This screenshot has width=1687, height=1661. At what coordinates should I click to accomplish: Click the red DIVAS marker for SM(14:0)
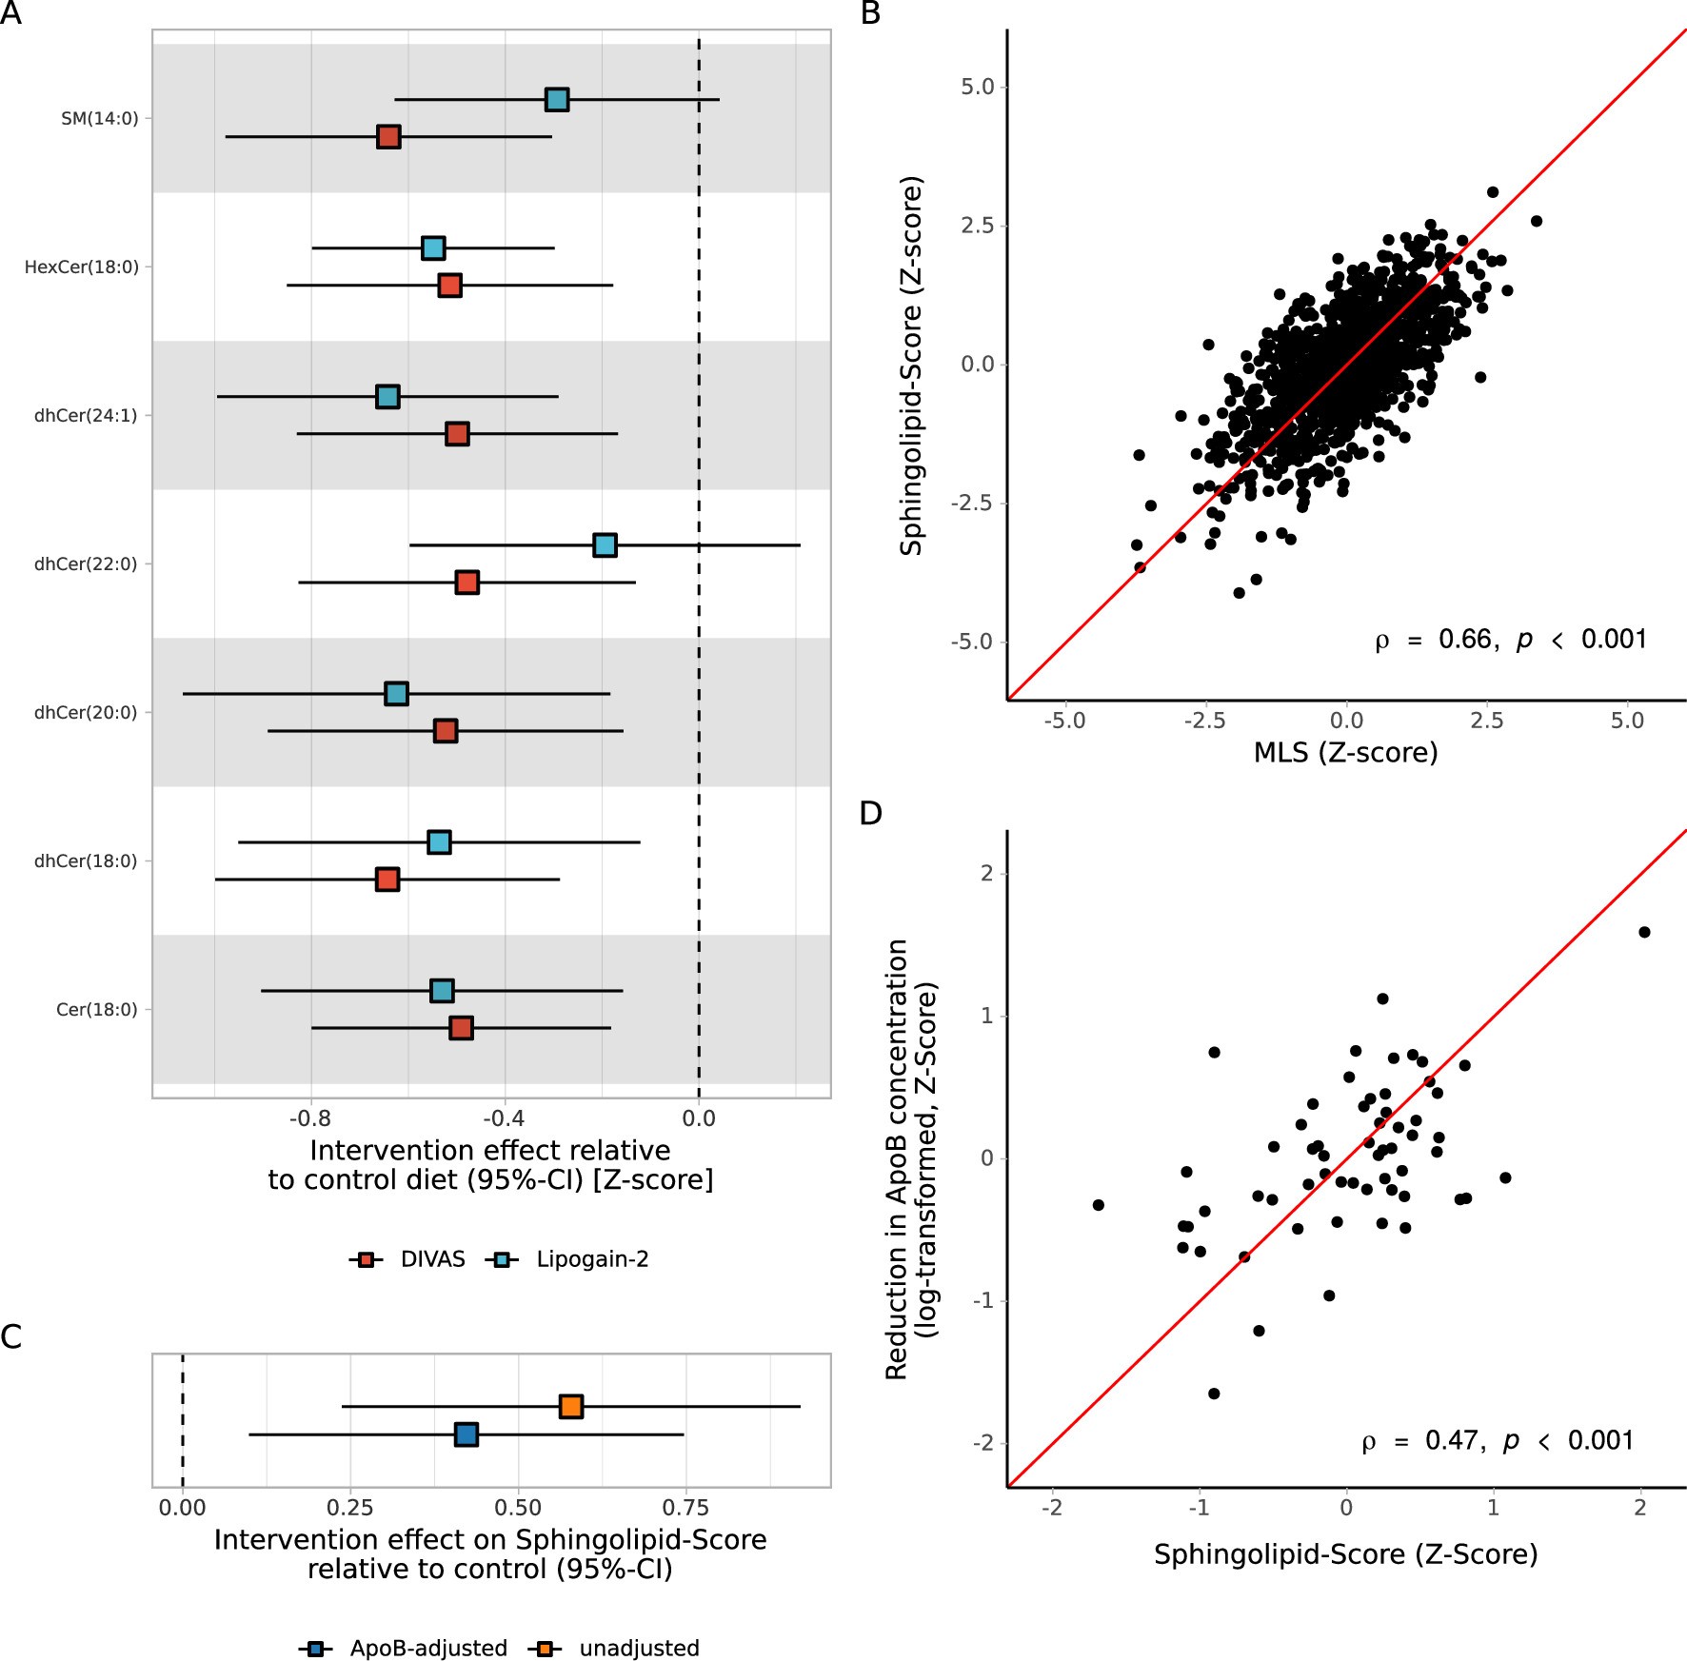[387, 137]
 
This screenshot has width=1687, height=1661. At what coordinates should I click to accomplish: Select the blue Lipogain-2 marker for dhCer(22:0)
[605, 545]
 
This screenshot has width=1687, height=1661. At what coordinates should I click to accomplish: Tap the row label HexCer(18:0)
[81, 267]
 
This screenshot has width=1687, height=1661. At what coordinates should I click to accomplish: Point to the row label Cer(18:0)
[96, 1010]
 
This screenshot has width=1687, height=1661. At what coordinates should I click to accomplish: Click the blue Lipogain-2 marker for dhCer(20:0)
[396, 694]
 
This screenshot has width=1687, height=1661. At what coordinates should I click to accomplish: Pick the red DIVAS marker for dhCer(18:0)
[387, 880]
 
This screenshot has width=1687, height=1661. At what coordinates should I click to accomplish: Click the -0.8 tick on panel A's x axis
[309, 1118]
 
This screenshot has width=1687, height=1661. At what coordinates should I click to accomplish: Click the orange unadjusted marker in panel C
[570, 1406]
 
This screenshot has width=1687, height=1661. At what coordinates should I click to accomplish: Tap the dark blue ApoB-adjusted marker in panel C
[466, 1434]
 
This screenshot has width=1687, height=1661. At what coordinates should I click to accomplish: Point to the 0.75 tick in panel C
[685, 1508]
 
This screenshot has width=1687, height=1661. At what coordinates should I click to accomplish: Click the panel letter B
[870, 13]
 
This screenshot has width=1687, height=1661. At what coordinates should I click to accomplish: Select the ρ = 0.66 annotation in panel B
[1510, 640]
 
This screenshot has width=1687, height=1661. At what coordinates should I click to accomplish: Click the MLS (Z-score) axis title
[1344, 753]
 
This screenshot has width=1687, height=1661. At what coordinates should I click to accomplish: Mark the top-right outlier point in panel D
[1644, 932]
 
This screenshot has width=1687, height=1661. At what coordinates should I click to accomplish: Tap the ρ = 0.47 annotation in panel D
[1497, 1441]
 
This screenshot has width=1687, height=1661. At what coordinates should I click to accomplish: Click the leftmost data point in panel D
[1098, 1205]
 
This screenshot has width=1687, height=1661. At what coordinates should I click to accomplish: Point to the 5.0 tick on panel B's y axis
[977, 88]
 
